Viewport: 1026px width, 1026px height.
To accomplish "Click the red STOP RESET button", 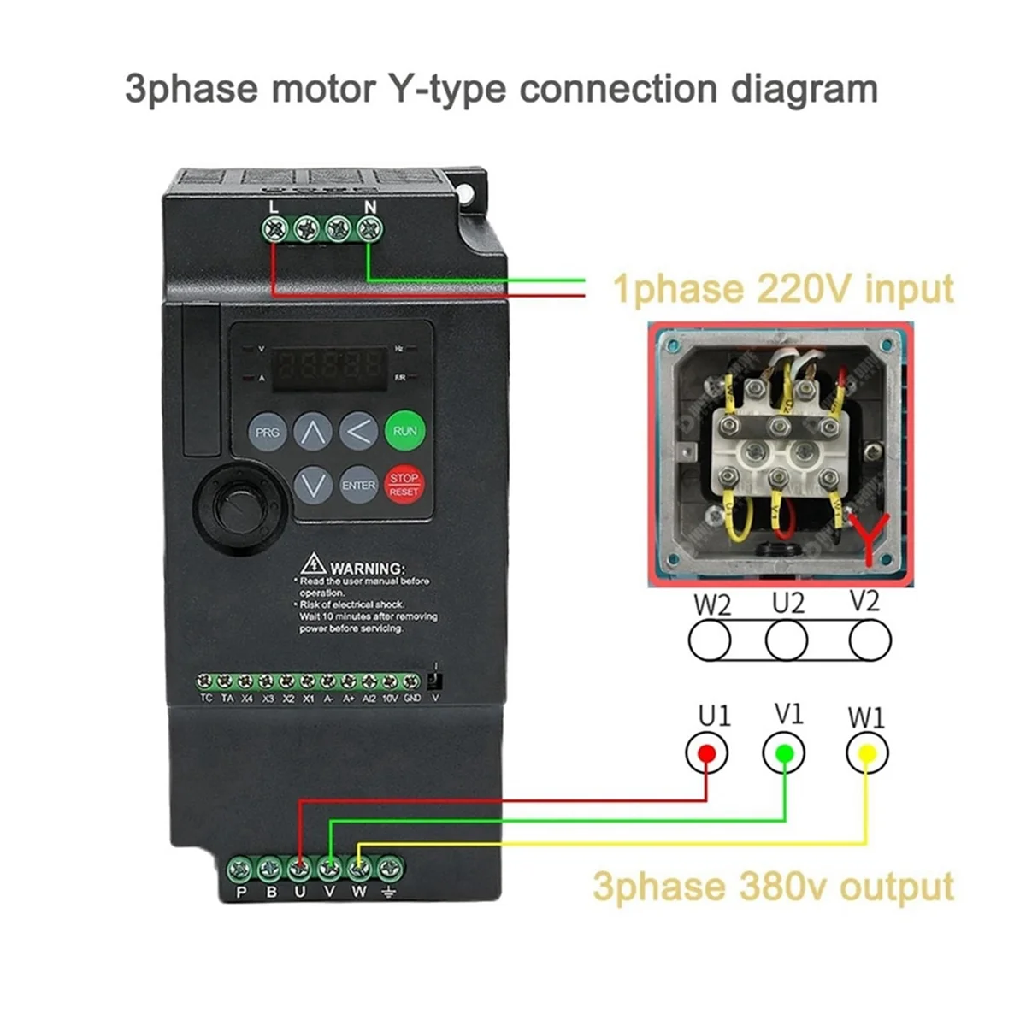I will tap(404, 485).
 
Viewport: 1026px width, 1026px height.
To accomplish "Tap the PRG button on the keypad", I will tap(268, 432).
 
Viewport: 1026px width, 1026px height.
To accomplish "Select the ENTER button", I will tap(358, 485).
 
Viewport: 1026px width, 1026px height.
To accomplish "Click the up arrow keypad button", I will tap(313, 432).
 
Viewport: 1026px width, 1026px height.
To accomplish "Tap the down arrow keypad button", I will tap(313, 485).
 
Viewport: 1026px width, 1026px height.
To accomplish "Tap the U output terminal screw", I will tap(299, 870).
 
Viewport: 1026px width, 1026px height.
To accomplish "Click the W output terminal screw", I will tap(360, 870).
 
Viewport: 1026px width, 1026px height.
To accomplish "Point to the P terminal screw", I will tap(239, 870).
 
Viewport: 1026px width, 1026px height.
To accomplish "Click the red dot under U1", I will tap(706, 753).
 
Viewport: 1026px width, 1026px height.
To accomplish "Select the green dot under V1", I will tap(783, 753).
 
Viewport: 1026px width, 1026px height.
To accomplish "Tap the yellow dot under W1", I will tap(866, 753).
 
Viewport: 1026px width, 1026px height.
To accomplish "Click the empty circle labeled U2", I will tap(787, 640).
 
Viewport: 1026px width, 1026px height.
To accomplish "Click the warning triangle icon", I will tap(313, 564).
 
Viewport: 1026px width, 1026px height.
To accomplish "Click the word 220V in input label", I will tap(805, 288).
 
